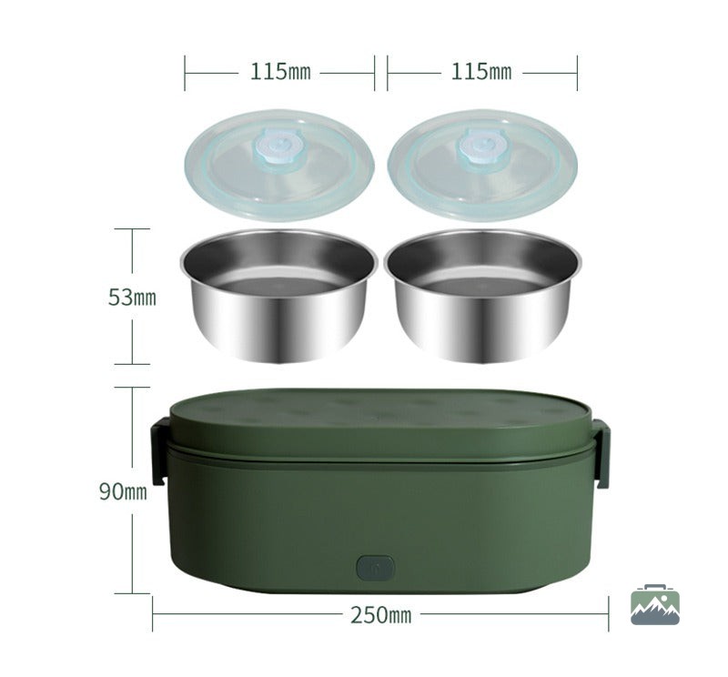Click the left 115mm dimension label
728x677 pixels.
pos(280,72)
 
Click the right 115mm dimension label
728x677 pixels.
pos(481,72)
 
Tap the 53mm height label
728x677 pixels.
pos(132,298)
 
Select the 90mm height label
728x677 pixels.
pos(123,491)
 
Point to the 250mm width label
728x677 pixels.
pos(380,615)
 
